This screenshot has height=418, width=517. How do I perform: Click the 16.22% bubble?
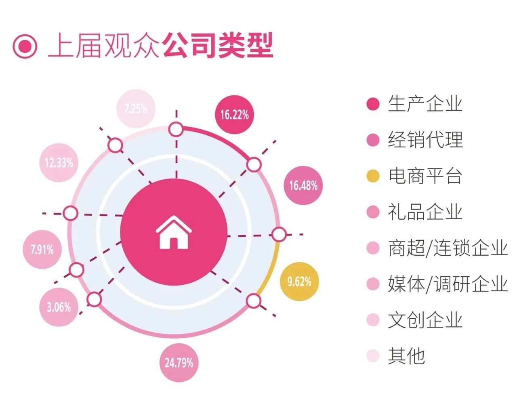[234, 115]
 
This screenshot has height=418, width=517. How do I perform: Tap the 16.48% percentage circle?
[303, 185]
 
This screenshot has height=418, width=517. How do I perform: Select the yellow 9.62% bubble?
[299, 281]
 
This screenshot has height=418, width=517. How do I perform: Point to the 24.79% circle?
[179, 362]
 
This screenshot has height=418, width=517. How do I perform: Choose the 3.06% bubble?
[59, 307]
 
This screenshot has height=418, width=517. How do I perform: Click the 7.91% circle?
[42, 249]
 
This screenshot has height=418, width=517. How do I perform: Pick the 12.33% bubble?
[59, 163]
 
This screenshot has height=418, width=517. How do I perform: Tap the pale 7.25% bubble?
[136, 109]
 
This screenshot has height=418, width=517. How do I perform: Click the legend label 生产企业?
[425, 104]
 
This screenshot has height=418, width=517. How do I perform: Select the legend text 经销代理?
[425, 140]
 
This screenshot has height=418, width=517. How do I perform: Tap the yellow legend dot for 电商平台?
[373, 176]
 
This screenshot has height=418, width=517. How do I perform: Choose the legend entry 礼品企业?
[425, 212]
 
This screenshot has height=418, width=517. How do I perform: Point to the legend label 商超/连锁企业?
[448, 248]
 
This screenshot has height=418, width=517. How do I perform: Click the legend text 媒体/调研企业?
[448, 284]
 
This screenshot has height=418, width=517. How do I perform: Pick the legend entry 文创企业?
[425, 320]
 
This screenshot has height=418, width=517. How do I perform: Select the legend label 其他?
[406, 356]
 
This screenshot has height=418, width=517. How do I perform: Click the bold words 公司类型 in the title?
[218, 45]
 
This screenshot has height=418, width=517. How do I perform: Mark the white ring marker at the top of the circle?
[176, 130]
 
